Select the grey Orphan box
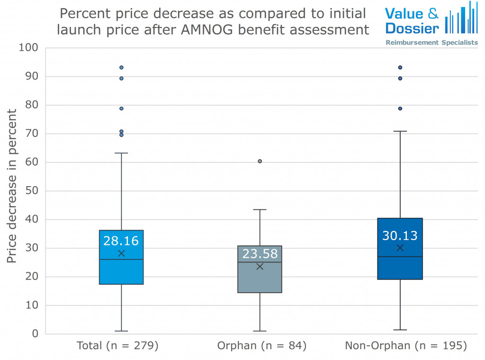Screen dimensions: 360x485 coord(260,279)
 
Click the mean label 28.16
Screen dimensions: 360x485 coord(121,241)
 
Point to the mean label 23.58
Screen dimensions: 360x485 coord(260,254)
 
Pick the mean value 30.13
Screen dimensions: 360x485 coord(400,235)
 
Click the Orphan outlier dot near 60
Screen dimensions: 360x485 coord(260,161)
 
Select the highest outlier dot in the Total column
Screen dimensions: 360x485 coord(121,67)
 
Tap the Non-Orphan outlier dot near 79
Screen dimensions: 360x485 coord(400,108)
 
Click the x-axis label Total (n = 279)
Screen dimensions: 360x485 coord(117,346)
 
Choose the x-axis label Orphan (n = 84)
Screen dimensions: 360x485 coord(262,346)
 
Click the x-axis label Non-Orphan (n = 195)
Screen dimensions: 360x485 coord(406,346)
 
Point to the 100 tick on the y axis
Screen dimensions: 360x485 coord(28,48)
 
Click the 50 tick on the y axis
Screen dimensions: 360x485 coord(32,191)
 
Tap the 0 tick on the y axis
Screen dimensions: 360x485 coord(35,334)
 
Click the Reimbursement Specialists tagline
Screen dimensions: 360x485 coord(431,43)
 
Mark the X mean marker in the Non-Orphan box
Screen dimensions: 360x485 coord(400,248)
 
